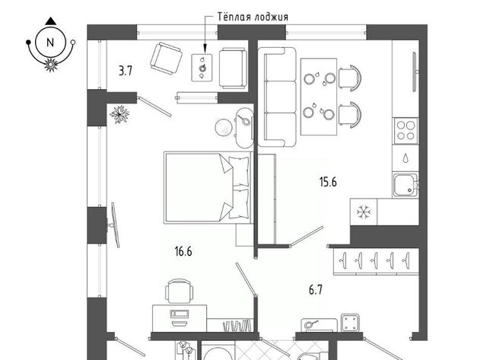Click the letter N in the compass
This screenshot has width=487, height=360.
[50, 43]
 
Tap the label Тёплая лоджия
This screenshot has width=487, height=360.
[253, 17]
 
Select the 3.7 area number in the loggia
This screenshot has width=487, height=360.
[126, 71]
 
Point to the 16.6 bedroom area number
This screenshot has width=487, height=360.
[183, 251]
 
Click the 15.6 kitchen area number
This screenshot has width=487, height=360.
[328, 182]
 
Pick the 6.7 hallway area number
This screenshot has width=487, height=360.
[315, 290]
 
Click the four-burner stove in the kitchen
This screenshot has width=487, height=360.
[406, 130]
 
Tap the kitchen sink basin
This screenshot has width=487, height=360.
[405, 186]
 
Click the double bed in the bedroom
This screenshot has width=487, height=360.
[208, 187]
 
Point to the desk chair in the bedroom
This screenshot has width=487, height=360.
[180, 291]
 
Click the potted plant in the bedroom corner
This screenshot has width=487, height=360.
[119, 114]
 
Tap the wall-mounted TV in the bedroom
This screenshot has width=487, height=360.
[114, 225]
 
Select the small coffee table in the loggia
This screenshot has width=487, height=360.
[202, 68]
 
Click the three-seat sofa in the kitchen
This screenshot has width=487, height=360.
[276, 97]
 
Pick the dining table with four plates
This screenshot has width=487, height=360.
[319, 97]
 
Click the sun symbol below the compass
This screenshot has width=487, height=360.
[51, 65]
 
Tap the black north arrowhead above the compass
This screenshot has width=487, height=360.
[50, 21]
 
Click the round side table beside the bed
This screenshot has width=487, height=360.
[223, 127]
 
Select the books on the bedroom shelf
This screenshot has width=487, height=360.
[237, 326]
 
